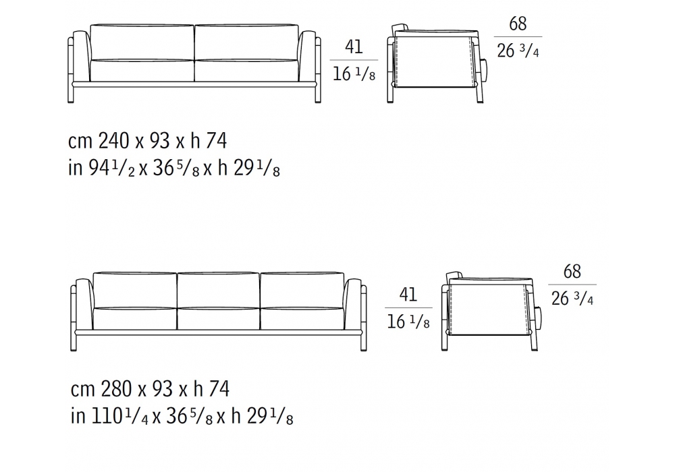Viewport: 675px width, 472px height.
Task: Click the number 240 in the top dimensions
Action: coord(113,140)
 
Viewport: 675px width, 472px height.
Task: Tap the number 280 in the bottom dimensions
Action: coord(116,388)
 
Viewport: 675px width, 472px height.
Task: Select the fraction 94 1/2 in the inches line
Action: coord(112,168)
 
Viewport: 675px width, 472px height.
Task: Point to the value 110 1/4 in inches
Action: coord(120,415)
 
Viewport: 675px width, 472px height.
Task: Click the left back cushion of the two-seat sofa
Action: coord(142,42)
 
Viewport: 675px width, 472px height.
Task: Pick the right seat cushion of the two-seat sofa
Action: coord(246,71)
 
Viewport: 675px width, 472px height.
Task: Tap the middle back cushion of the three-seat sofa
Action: coord(218,290)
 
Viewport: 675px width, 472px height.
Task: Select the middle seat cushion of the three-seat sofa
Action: coord(218,318)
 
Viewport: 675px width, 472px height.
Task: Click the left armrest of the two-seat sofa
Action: coord(81,56)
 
